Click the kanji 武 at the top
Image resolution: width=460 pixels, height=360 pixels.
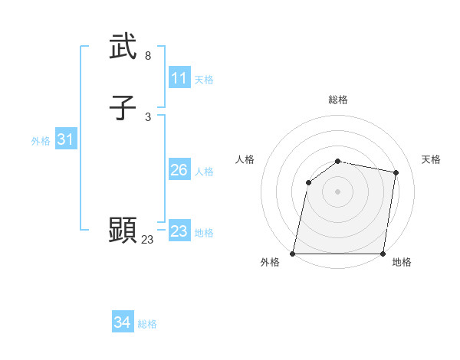point(123,47)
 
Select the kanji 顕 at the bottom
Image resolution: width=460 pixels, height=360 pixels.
point(123,230)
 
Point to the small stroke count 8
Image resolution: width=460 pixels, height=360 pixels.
point(148,56)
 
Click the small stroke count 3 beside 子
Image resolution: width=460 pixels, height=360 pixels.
point(148,116)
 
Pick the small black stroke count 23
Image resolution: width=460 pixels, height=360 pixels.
point(147,240)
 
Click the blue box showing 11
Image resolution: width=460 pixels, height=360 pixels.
point(179,78)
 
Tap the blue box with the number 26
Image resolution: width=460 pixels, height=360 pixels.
point(179,170)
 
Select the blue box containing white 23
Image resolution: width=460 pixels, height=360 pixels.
point(179,231)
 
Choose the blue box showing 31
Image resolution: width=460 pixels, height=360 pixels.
point(65,139)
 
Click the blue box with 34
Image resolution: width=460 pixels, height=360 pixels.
point(123,323)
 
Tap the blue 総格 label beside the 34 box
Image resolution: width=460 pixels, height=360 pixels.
point(148,324)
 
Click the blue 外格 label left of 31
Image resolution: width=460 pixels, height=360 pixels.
point(41,141)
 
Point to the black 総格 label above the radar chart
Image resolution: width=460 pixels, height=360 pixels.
point(338,100)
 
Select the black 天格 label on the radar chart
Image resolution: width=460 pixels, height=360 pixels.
point(431,159)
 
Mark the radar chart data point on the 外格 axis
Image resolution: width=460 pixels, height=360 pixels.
point(293,254)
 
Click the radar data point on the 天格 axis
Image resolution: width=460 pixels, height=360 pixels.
point(396,172)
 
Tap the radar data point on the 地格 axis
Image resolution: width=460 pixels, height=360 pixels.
point(383,254)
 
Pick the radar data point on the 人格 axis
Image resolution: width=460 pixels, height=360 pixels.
point(308,182)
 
